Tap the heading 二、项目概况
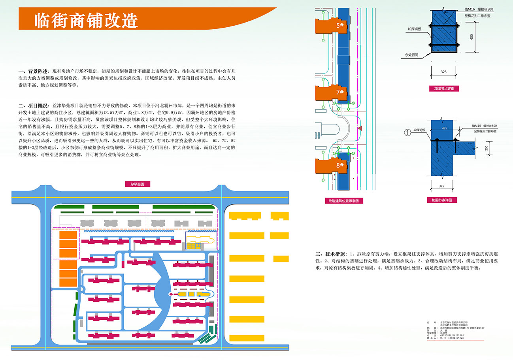(x=34, y=106)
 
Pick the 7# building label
(x=340, y=92)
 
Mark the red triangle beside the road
(x=360, y=128)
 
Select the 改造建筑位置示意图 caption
(x=343, y=201)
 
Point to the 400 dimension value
(x=472, y=37)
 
